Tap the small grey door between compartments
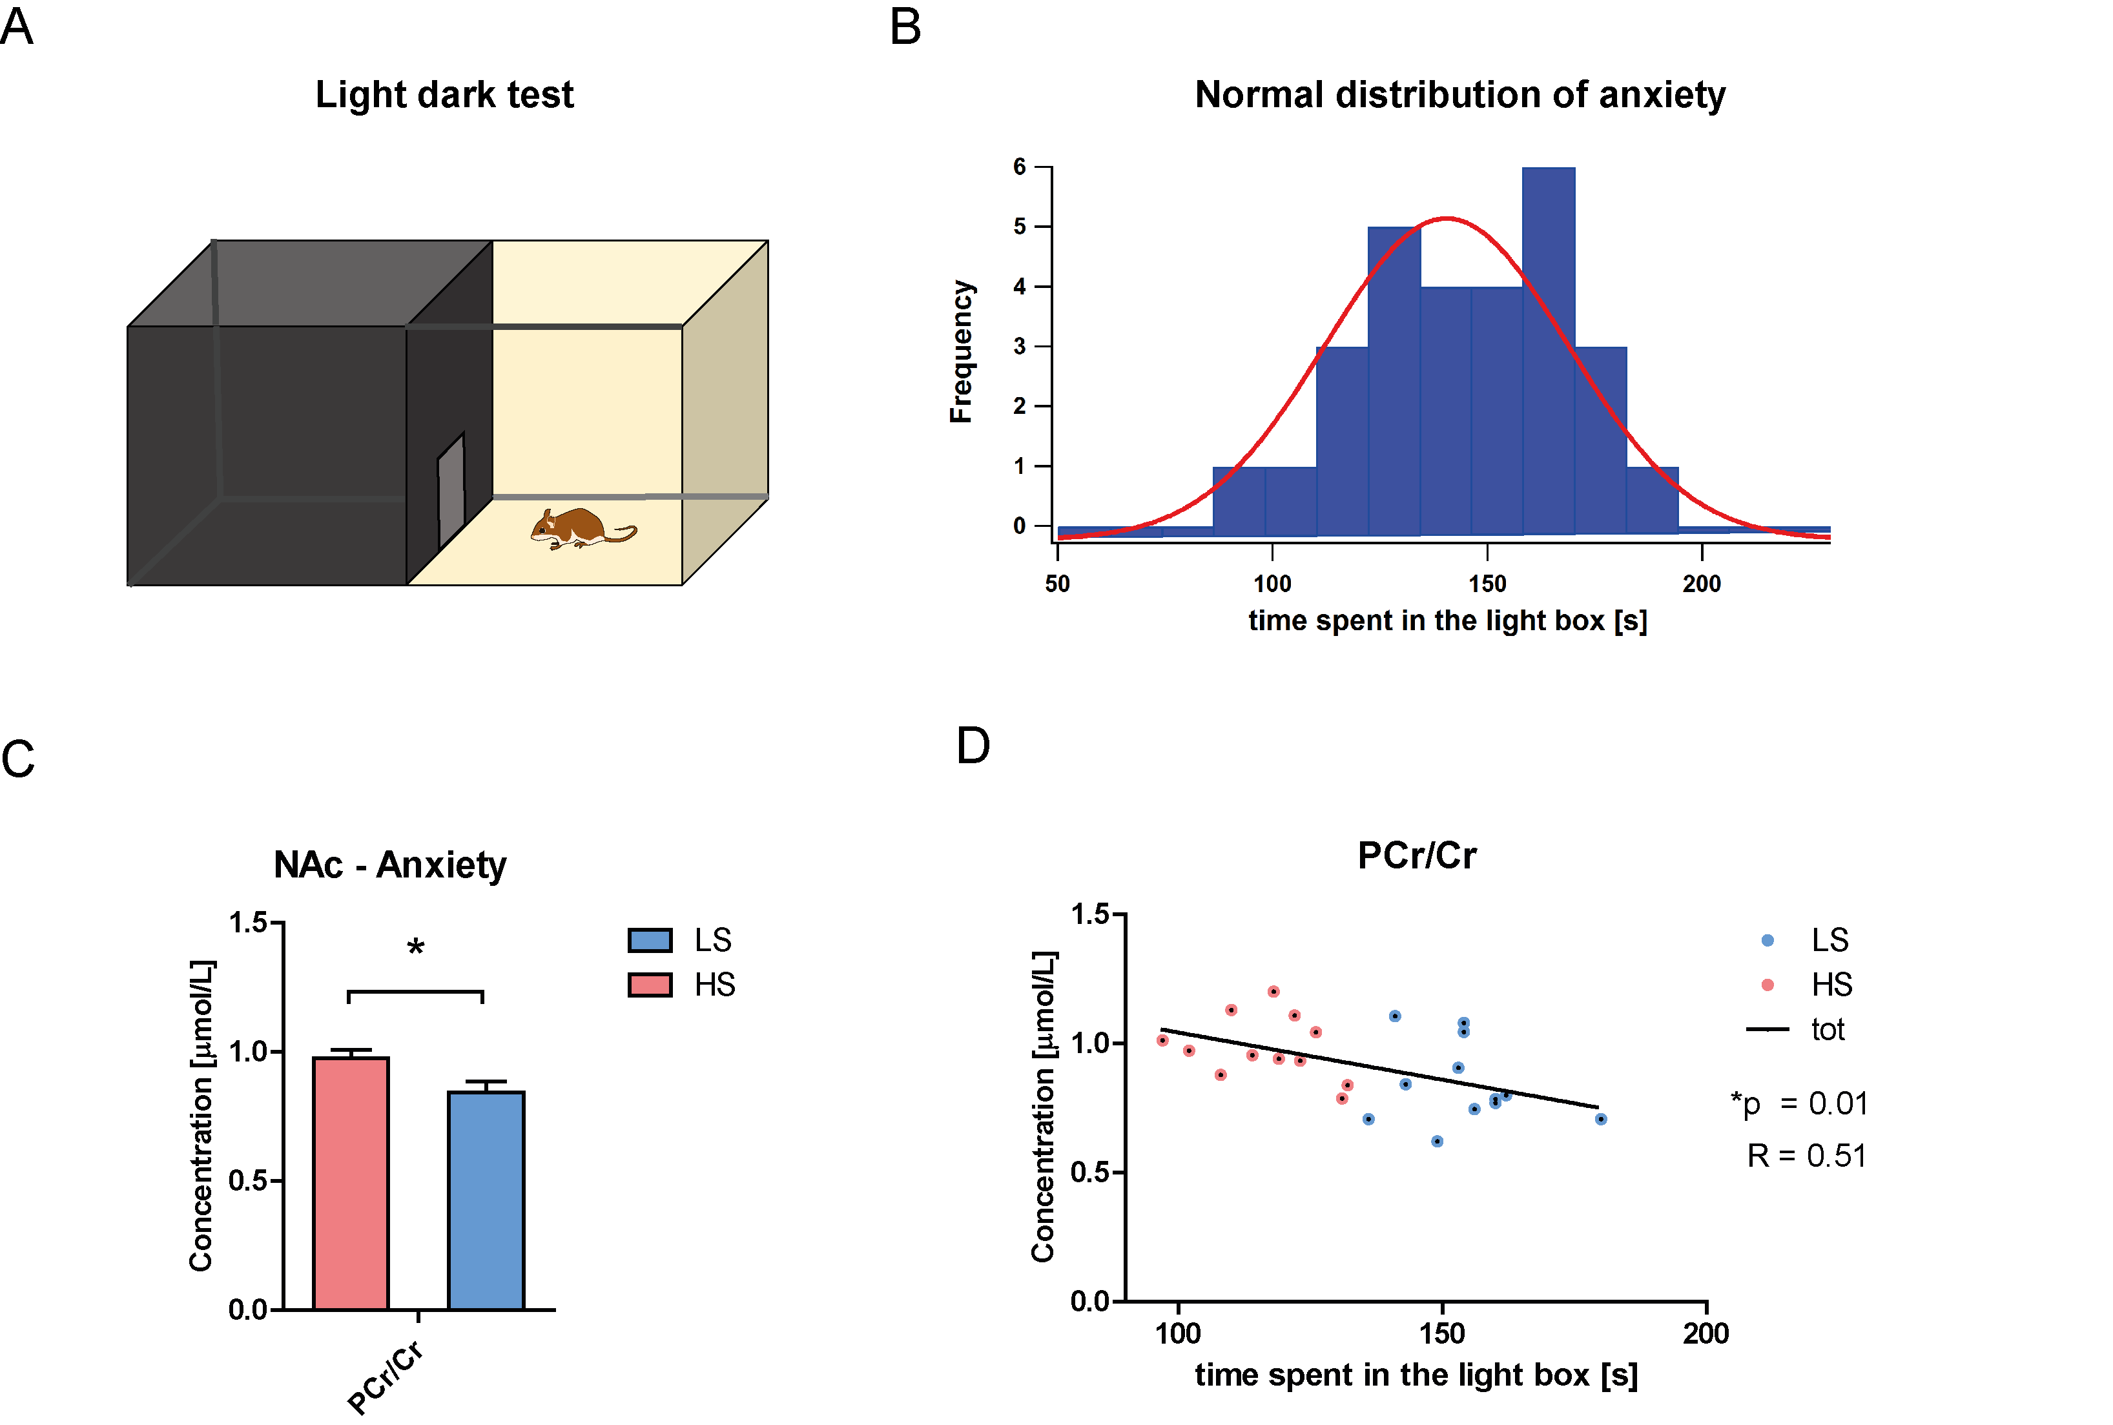click(x=451, y=490)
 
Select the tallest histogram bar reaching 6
click(x=1548, y=350)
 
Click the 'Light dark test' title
click(x=444, y=94)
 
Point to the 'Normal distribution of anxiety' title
click(x=1459, y=94)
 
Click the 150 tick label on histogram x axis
click(x=1487, y=584)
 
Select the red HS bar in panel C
click(x=350, y=1182)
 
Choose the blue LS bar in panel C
click(x=486, y=1199)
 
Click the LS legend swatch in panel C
click(x=650, y=939)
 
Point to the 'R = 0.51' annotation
click(x=1806, y=1155)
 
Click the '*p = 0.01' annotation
click(x=1799, y=1103)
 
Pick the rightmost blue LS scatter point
click(x=1600, y=1119)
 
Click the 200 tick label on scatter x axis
click(x=1705, y=1333)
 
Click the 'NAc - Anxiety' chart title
click(x=390, y=865)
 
